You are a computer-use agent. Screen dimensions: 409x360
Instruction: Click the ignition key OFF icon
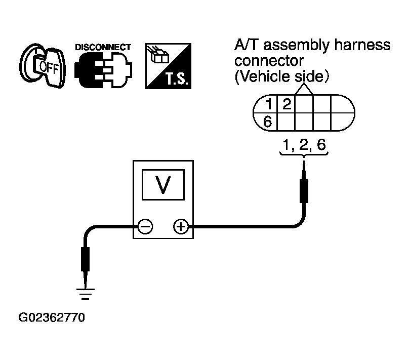coord(42,65)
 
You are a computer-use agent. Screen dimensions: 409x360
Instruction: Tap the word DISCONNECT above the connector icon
coord(103,47)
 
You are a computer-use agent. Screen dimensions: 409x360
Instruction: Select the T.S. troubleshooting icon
coord(168,66)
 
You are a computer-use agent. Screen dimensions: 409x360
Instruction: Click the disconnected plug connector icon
coord(103,70)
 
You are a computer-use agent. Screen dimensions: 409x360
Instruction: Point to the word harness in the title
coord(362,45)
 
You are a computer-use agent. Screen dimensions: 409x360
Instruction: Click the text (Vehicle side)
coord(282,76)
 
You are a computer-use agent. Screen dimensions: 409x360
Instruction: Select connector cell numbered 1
coord(268,104)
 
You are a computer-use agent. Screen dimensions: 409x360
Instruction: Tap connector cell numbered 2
coord(286,104)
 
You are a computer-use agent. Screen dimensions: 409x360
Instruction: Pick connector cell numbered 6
coord(267,122)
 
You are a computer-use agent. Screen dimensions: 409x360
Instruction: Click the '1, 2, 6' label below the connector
coord(304,144)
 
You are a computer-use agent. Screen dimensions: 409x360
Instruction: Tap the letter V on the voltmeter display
coord(163,185)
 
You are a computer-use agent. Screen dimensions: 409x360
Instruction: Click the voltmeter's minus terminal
coord(145,226)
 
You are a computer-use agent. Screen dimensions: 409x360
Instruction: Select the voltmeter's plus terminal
coord(181,226)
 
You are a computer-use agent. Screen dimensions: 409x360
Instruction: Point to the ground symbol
coord(86,294)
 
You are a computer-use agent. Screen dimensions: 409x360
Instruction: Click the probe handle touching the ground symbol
coord(86,259)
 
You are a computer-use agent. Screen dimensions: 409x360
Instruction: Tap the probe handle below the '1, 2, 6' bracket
coord(304,190)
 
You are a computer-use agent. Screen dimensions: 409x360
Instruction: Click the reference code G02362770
coord(52,317)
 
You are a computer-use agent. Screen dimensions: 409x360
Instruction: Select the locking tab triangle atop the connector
coord(304,89)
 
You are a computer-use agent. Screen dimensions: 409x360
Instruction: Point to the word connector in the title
coord(269,61)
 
